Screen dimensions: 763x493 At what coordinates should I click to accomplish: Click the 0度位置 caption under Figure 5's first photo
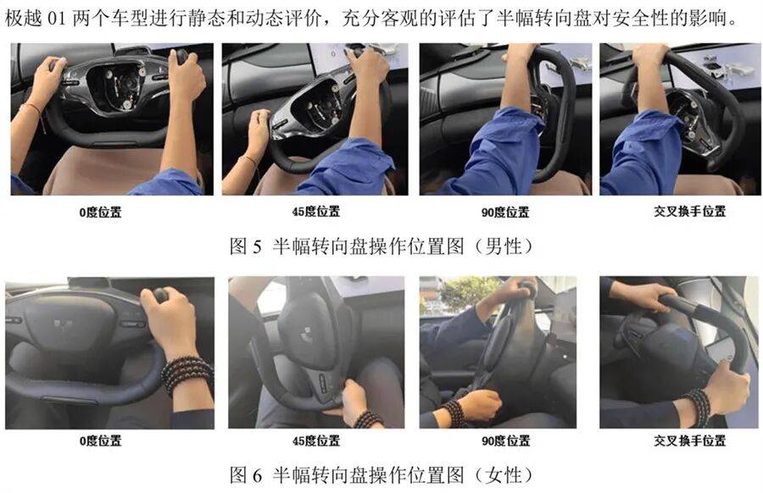100,212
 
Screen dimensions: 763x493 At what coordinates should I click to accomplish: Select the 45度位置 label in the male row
316,212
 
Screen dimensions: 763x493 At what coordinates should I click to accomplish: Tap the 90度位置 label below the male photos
505,212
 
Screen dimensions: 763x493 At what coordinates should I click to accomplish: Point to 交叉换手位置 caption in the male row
689,211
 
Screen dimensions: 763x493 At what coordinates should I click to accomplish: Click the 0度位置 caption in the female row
100,441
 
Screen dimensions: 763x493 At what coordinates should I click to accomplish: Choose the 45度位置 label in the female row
316,441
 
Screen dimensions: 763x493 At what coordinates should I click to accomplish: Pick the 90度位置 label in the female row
505,441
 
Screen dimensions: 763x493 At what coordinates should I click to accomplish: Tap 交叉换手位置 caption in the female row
689,440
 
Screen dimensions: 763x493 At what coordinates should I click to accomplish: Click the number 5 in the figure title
258,247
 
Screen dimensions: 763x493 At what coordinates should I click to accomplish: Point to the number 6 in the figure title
258,475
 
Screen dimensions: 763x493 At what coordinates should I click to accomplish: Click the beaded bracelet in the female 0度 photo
187,375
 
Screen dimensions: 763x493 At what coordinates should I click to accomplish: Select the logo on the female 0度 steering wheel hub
61,324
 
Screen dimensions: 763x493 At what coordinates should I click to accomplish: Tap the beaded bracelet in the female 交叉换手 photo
700,407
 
